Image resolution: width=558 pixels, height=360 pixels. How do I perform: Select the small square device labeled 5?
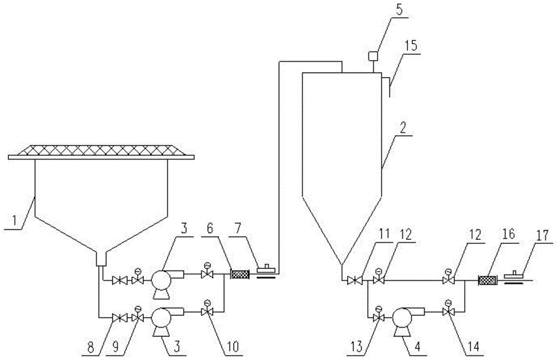(x=373, y=56)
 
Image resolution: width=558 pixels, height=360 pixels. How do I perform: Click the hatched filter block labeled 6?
(x=239, y=274)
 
